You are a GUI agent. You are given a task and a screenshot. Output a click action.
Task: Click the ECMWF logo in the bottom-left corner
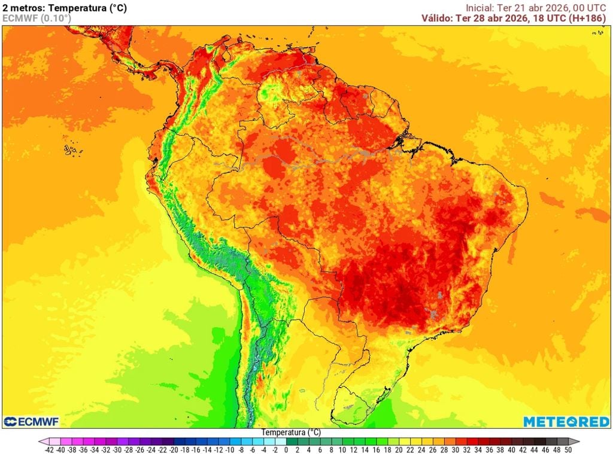31,422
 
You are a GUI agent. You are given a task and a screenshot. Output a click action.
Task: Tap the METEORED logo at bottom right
566,422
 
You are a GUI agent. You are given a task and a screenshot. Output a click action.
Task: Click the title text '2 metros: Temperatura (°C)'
65,8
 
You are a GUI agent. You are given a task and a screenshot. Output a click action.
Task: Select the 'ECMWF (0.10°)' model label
37,19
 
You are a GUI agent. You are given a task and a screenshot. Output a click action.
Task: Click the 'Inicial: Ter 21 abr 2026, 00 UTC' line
536,8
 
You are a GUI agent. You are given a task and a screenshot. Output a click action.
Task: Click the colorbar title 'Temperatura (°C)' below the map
291,432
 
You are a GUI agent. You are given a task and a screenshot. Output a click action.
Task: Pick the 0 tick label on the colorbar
287,449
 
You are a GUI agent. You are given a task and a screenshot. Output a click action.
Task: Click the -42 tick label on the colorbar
50,449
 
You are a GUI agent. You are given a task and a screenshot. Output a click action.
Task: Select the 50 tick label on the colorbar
568,449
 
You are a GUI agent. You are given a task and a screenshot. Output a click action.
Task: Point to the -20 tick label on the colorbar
174,449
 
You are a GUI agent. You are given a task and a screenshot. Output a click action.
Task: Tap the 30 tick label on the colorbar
455,449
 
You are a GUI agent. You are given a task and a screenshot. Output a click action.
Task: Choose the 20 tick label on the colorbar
399,449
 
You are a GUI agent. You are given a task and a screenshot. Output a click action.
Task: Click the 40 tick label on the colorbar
511,449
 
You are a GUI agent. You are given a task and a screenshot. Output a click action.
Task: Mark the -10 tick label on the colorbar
230,449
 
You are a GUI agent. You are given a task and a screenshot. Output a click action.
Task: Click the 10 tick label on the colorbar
343,449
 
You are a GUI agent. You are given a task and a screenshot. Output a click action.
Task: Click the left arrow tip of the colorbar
41,441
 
